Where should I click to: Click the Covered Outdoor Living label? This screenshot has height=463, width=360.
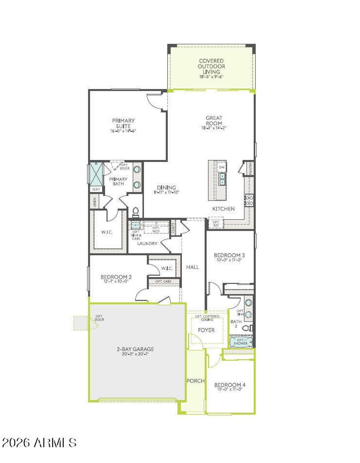(x=211, y=66)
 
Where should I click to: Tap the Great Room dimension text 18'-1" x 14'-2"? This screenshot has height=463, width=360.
(x=214, y=128)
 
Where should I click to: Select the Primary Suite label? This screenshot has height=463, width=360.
(x=123, y=123)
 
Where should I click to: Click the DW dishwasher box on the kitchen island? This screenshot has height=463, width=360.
(x=222, y=167)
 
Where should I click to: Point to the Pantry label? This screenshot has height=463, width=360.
(x=250, y=168)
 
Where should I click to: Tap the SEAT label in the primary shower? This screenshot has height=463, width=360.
(x=96, y=189)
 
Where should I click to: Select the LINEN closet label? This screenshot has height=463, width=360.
(x=95, y=202)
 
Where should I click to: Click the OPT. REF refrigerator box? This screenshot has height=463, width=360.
(x=216, y=224)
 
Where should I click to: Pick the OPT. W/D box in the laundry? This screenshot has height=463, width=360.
(x=156, y=229)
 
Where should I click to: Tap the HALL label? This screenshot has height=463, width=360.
(x=192, y=267)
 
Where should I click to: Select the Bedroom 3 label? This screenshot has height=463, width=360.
(x=229, y=255)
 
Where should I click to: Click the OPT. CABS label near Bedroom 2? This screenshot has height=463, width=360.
(x=163, y=281)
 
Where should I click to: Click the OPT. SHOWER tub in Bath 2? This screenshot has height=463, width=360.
(x=240, y=342)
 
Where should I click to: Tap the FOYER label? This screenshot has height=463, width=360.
(x=206, y=330)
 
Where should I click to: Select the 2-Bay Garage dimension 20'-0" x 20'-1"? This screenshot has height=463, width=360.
(x=135, y=354)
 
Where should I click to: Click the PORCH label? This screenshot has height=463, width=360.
(x=195, y=381)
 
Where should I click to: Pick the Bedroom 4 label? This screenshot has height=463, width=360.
(x=230, y=385)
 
